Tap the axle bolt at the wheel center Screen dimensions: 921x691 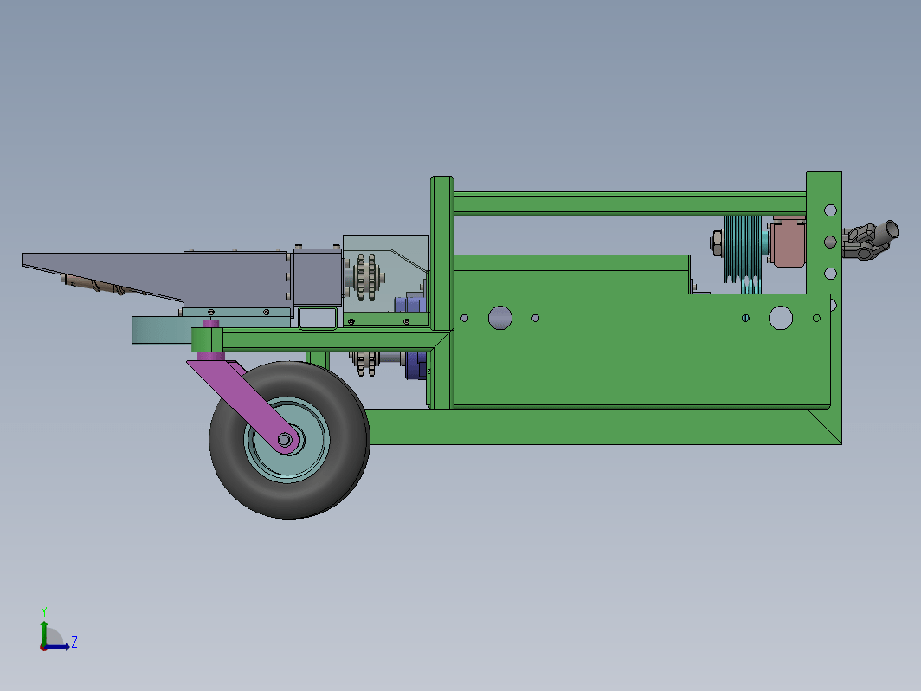285,440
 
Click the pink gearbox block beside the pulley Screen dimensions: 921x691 788,242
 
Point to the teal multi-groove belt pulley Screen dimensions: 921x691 743,249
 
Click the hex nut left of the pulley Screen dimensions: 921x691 717,243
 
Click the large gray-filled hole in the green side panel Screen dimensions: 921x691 499,318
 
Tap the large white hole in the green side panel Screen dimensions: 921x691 781,318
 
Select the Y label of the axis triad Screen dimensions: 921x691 44,612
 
